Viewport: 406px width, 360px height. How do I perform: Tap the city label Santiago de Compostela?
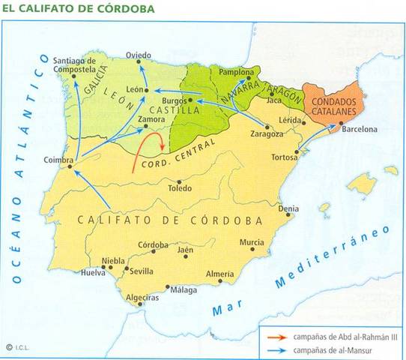click(x=75, y=64)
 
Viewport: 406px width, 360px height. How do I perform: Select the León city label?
click(x=135, y=88)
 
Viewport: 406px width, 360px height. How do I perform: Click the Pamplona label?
click(x=237, y=72)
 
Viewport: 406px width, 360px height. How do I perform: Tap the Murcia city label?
click(x=252, y=243)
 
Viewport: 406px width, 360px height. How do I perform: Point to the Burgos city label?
click(x=177, y=98)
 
